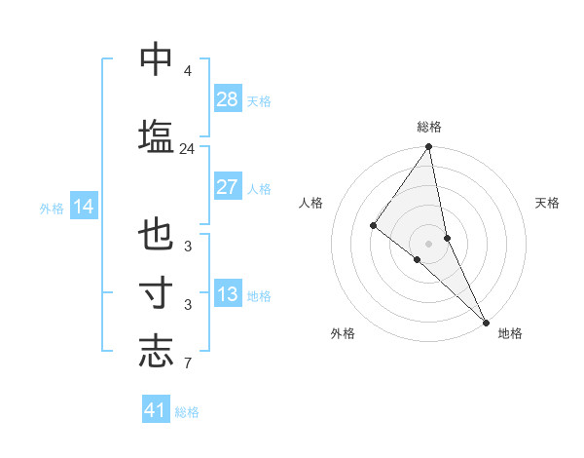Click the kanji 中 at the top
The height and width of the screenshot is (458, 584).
coord(156,60)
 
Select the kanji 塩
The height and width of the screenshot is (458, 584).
coord(156,134)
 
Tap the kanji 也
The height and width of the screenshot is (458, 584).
coord(156,236)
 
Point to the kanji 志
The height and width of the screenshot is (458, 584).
coord(156,351)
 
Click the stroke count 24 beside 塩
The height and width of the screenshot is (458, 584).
coord(187,149)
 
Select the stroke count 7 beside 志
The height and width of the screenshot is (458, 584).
coord(187,365)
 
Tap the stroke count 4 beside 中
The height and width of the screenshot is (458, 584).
coord(187,72)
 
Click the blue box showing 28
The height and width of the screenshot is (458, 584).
coord(228,99)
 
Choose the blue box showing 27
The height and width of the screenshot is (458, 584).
coord(228,187)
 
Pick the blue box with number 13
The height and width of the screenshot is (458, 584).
coord(228,295)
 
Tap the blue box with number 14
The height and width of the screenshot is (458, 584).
coord(83,207)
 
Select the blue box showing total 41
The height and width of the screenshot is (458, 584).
coord(156,410)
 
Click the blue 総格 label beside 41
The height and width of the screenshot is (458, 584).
coord(187,412)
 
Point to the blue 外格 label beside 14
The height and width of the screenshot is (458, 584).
coord(52,208)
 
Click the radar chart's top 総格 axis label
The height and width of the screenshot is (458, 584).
coord(429,127)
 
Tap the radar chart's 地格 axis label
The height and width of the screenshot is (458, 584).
coord(509,333)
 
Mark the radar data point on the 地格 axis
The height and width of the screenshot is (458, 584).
coord(486,321)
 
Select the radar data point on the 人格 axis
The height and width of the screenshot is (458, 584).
coord(373,225)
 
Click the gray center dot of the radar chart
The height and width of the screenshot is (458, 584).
coord(429,243)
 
